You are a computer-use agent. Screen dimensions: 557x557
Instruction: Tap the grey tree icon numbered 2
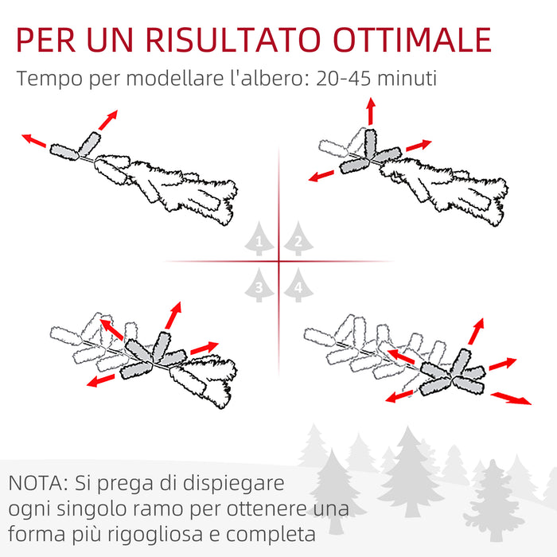point(298,239)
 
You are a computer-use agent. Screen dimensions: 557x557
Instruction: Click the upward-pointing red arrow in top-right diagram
point(371,111)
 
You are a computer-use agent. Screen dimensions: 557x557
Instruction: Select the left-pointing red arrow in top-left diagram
point(34,141)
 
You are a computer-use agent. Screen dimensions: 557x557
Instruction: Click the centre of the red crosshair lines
point(279,261)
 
